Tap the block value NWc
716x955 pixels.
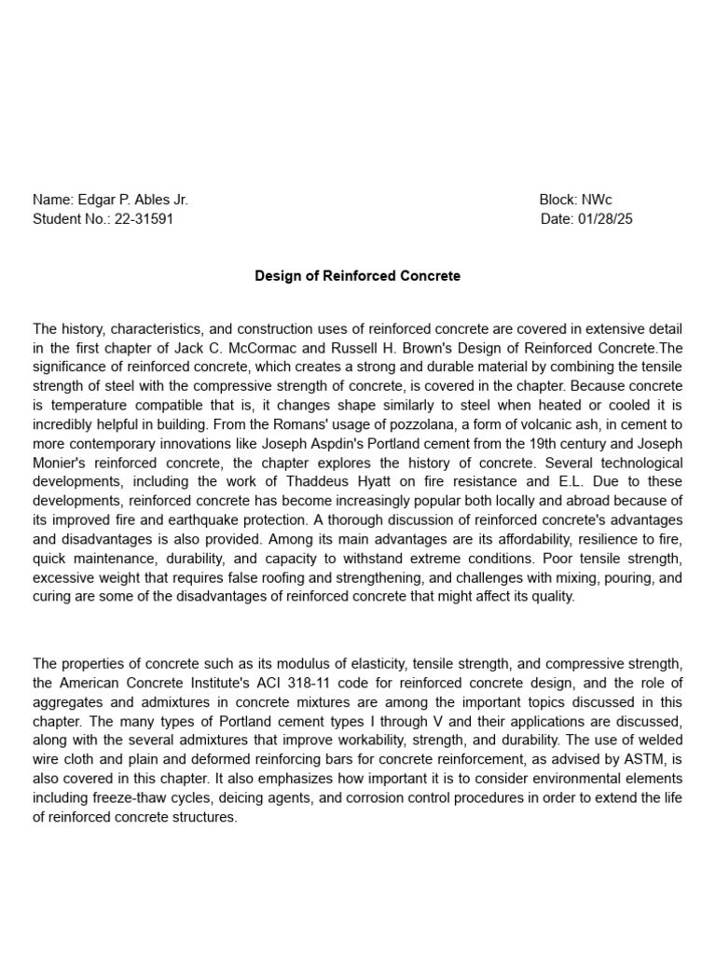point(597,200)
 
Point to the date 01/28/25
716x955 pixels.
point(605,219)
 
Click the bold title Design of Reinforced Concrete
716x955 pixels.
point(358,276)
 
